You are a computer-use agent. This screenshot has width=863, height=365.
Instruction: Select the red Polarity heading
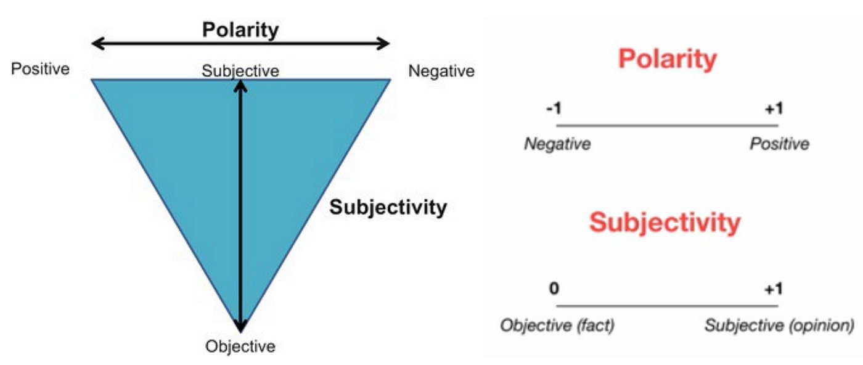point(668,60)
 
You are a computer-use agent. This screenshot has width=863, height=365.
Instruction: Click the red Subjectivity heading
point(665,223)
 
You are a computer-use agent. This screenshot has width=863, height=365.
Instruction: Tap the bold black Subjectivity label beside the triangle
point(388,208)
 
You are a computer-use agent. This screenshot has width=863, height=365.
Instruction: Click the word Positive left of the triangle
point(40,68)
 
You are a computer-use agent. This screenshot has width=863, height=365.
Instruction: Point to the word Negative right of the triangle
point(441,72)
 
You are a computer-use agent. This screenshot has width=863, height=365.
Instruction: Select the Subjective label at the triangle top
point(240,71)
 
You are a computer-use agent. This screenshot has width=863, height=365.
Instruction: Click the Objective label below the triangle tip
point(240,347)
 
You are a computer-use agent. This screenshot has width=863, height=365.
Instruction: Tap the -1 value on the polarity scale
point(553,109)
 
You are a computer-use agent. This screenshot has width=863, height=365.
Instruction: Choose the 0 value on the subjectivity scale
point(554,289)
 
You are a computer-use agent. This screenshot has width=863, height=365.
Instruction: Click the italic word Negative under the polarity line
point(557,144)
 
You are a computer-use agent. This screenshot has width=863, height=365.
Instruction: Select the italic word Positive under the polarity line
point(779,144)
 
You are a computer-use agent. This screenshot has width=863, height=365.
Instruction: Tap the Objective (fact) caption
point(557,325)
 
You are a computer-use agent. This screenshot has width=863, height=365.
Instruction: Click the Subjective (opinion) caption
point(780,325)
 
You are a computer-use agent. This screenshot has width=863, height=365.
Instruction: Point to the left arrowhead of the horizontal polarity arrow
point(96,43)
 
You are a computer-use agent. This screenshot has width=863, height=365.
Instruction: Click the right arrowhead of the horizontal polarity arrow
point(385,43)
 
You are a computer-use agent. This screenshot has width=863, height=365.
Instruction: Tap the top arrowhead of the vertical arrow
point(240,85)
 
